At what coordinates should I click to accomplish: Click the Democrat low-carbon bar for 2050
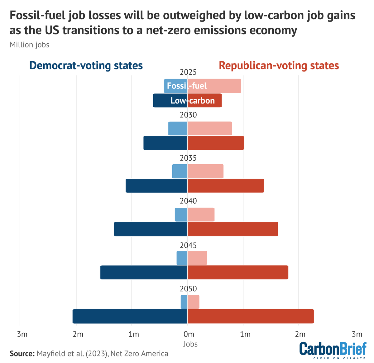[130, 316]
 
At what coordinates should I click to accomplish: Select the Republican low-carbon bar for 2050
[250, 316]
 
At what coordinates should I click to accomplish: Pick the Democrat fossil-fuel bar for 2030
[178, 128]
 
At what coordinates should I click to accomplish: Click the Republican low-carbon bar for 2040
[233, 229]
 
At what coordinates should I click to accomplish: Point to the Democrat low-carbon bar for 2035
[156, 186]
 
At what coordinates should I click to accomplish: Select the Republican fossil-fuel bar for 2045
[197, 258]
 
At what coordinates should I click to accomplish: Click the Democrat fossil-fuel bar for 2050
[184, 302]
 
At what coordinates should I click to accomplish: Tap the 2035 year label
[188, 158]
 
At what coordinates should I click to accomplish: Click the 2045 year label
[188, 245]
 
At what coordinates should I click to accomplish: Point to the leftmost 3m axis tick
[22, 334]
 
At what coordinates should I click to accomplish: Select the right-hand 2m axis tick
[300, 334]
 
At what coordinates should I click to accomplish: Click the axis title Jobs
[190, 344]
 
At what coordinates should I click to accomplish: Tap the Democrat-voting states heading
[86, 65]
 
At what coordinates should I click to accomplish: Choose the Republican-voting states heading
[279, 65]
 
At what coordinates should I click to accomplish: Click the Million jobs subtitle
[29, 45]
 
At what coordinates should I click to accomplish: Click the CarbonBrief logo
[333, 350]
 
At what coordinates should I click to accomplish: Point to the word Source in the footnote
[22, 353]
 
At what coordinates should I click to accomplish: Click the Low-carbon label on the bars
[193, 100]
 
